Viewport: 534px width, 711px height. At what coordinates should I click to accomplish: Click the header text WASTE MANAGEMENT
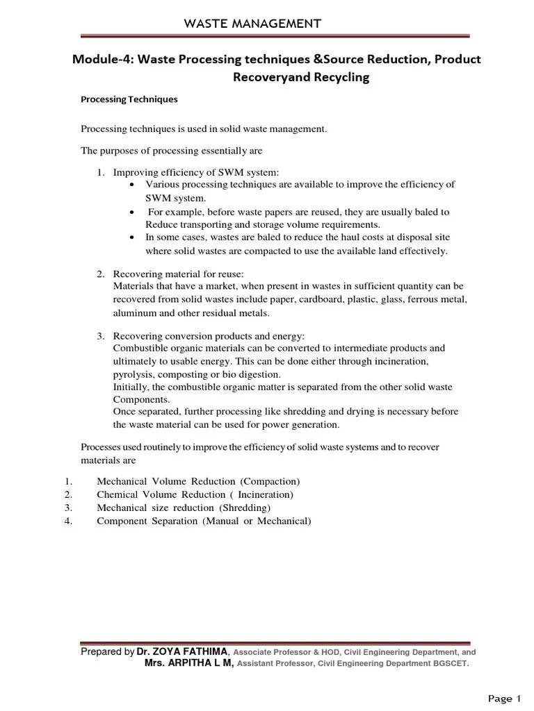coord(252,24)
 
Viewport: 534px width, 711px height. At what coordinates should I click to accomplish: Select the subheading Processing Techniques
coord(129,99)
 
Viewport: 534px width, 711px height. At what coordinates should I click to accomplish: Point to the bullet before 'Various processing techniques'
coord(133,185)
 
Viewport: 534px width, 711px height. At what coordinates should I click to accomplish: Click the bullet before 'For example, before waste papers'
coord(133,212)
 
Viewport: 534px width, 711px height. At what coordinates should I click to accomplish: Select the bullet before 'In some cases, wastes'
coord(133,238)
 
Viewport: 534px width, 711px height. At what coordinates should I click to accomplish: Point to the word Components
coord(140,401)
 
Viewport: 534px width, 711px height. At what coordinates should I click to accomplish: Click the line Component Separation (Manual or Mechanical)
coord(204,521)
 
